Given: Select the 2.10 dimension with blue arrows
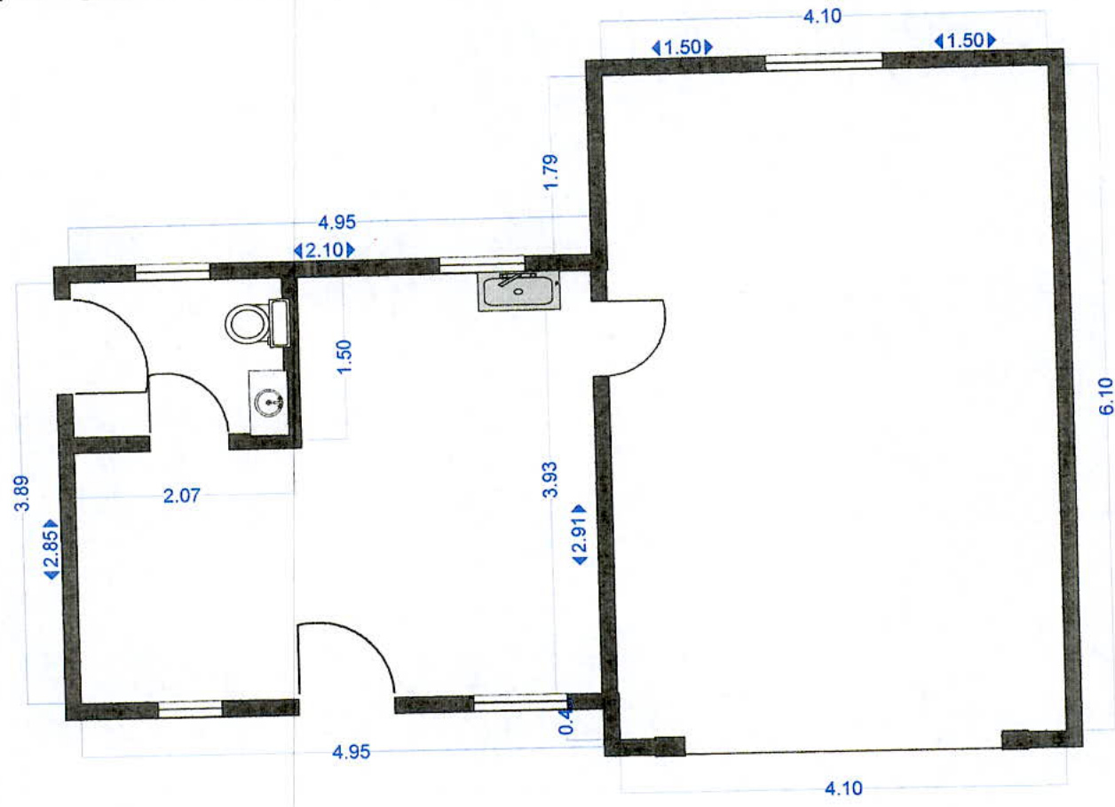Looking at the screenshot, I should [x=325, y=251].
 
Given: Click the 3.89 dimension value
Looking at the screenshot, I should [x=23, y=493].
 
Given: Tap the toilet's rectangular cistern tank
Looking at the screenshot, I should [x=278, y=323].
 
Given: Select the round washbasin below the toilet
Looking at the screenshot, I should [x=269, y=403].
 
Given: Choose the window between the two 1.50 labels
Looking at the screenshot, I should [x=823, y=61].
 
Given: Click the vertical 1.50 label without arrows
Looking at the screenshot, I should [x=345, y=356].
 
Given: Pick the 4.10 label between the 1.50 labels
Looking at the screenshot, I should [x=822, y=16].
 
